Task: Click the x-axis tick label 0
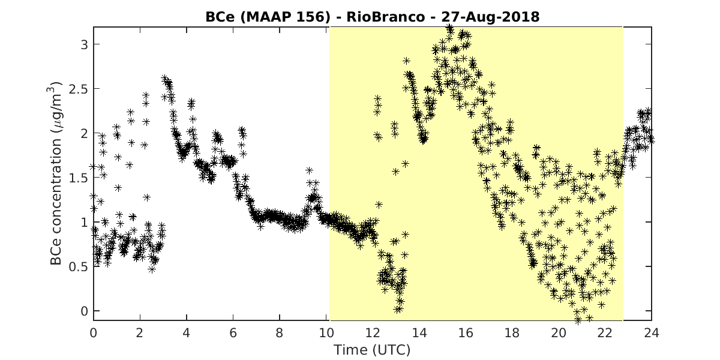click(93, 333)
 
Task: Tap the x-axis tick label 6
click(233, 333)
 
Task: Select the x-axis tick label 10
click(326, 333)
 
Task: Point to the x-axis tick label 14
click(419, 333)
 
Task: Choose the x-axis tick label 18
click(512, 333)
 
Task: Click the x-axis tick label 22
click(605, 333)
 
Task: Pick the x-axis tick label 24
click(652, 333)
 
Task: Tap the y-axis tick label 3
click(84, 44)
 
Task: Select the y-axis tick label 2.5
click(78, 89)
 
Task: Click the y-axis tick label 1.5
click(78, 178)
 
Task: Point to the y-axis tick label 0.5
click(78, 267)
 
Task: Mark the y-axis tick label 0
click(84, 311)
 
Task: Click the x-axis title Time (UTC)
click(372, 350)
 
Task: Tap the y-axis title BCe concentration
click(56, 201)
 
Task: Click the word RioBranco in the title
click(386, 17)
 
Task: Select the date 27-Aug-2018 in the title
click(491, 17)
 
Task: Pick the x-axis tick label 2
click(140, 333)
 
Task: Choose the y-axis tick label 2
click(84, 133)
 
